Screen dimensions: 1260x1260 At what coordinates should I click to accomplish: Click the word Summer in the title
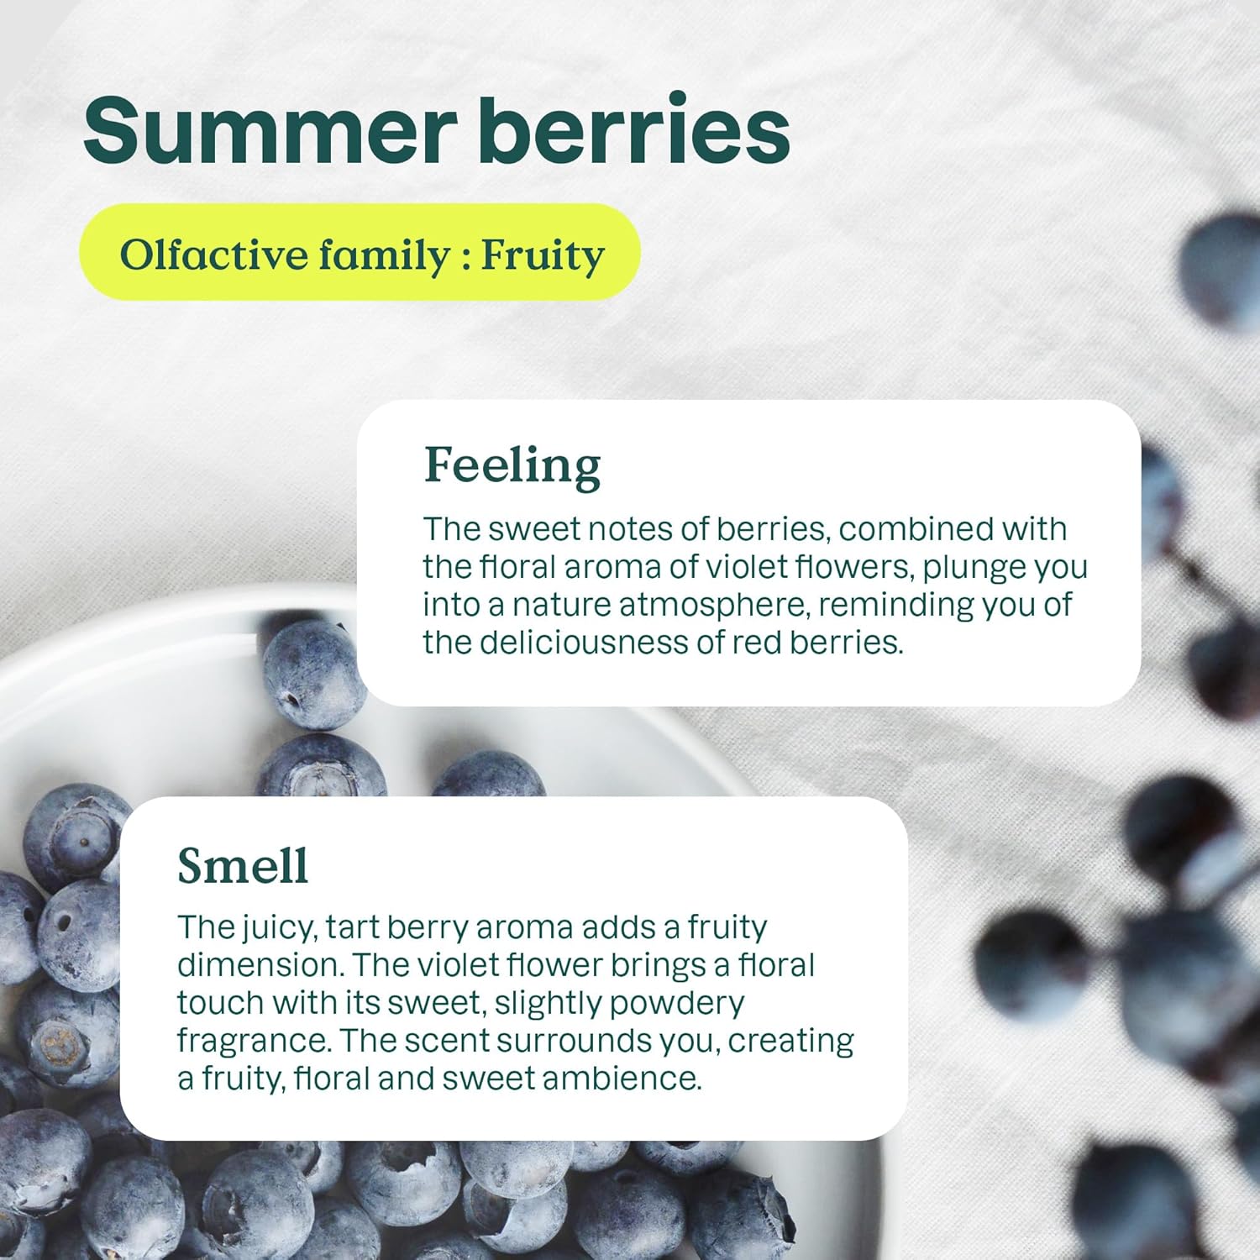270,130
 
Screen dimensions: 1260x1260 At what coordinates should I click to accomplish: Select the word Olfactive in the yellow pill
214,255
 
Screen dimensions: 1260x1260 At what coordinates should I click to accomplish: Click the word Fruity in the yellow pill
543,256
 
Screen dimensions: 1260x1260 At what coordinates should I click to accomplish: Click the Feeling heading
512,466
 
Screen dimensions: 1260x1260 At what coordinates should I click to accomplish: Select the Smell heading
243,865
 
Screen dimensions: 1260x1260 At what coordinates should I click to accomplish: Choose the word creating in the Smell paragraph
790,1042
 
